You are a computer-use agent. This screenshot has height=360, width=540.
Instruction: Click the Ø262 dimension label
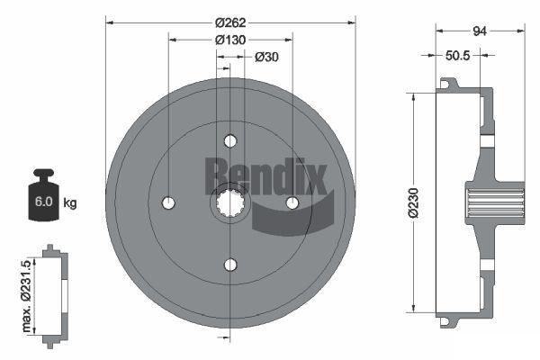tap(230, 22)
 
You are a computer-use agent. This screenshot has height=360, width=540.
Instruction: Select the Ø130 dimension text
tap(230, 40)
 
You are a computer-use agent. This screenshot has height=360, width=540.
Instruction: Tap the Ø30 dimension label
tap(266, 57)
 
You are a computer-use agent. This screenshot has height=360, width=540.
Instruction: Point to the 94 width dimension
tap(480, 31)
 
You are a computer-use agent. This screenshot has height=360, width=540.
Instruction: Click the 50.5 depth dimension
tap(458, 55)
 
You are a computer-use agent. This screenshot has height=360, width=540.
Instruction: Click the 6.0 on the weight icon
tap(44, 202)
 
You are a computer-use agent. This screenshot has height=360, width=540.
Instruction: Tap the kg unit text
tap(70, 202)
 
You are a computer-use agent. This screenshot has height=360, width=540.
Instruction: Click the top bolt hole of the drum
tap(230, 141)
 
